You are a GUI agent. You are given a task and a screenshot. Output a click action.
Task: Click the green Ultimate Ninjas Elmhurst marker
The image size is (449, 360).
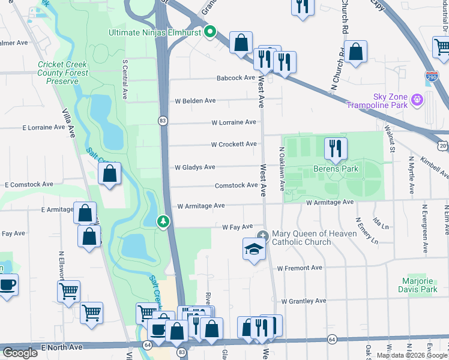(x=209, y=32)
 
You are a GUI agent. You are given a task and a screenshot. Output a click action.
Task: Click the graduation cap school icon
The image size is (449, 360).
(x=254, y=247)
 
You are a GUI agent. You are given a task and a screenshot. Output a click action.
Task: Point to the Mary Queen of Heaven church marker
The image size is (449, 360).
(x=262, y=235)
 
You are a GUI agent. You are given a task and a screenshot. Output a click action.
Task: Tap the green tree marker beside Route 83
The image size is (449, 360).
(x=163, y=222)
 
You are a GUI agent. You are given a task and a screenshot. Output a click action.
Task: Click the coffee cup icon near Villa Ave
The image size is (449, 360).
(x=7, y=284)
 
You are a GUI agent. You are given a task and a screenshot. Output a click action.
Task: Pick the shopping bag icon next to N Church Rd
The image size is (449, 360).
(x=355, y=52)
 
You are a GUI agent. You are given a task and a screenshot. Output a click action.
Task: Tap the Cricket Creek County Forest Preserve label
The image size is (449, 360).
(x=62, y=73)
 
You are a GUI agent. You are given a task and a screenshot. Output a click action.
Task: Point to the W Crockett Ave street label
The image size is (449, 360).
(x=234, y=144)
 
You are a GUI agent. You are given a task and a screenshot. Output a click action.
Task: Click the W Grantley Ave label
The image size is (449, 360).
(x=303, y=301)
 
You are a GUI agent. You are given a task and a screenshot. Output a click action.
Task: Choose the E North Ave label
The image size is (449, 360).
(x=60, y=347)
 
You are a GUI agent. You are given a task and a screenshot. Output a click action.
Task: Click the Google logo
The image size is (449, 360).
(x=20, y=353)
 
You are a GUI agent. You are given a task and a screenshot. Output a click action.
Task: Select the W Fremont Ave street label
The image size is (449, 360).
(x=300, y=268)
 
